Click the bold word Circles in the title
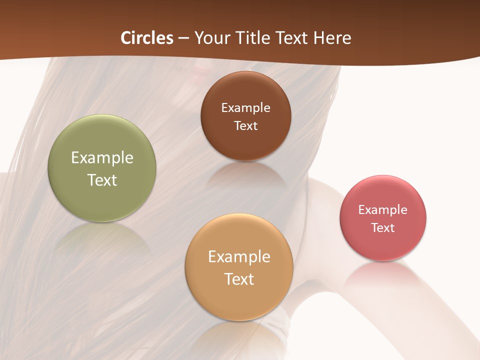[146, 38]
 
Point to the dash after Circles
[183, 38]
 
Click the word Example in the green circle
[102, 158]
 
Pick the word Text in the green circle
[102, 180]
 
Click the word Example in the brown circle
[245, 108]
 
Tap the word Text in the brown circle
[245, 126]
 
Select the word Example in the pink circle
[383, 210]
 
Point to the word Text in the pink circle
[383, 228]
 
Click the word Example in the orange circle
[239, 257]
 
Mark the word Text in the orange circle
[239, 279]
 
